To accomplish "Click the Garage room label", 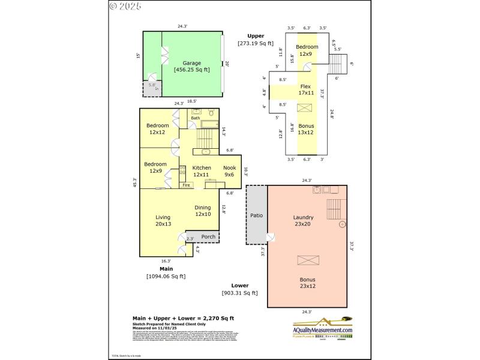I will [192, 62].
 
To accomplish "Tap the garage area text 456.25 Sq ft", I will [192, 70].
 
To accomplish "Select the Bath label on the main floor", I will [195, 118].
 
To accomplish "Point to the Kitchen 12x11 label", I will [202, 171].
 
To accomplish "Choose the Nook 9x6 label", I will [229, 171].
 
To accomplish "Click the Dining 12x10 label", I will [203, 211].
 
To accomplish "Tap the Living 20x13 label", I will [163, 221].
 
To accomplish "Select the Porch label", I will [208, 236].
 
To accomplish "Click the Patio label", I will [257, 215].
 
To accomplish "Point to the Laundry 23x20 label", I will [303, 221].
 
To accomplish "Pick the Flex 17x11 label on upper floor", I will [307, 89].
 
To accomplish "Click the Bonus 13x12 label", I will [307, 129].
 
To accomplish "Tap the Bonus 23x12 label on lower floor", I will [307, 283].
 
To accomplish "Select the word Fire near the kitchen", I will [187, 185].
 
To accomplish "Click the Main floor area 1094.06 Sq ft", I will [166, 276].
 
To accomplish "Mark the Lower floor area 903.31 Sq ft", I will [239, 292].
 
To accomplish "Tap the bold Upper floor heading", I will [256, 36].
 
